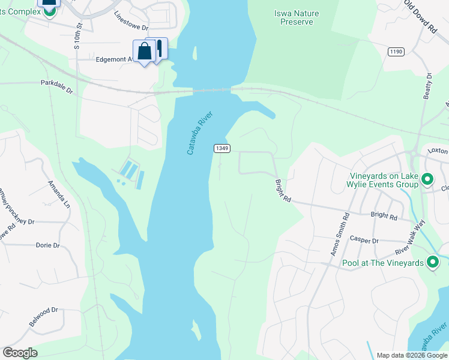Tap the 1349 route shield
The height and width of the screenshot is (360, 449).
(x=221, y=148)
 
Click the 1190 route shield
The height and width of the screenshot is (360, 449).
(x=395, y=52)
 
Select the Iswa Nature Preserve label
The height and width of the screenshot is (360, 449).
(x=297, y=17)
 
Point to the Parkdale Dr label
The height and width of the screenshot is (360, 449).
(x=56, y=87)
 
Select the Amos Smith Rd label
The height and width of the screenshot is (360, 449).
(x=340, y=236)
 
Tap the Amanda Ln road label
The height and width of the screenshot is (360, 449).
(x=59, y=193)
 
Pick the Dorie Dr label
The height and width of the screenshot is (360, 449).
(x=48, y=245)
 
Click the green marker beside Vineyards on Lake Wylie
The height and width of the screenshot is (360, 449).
(x=427, y=179)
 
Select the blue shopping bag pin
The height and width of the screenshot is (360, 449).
(x=144, y=52)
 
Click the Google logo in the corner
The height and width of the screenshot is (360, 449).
(x=20, y=353)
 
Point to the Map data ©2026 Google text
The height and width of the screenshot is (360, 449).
(x=410, y=355)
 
